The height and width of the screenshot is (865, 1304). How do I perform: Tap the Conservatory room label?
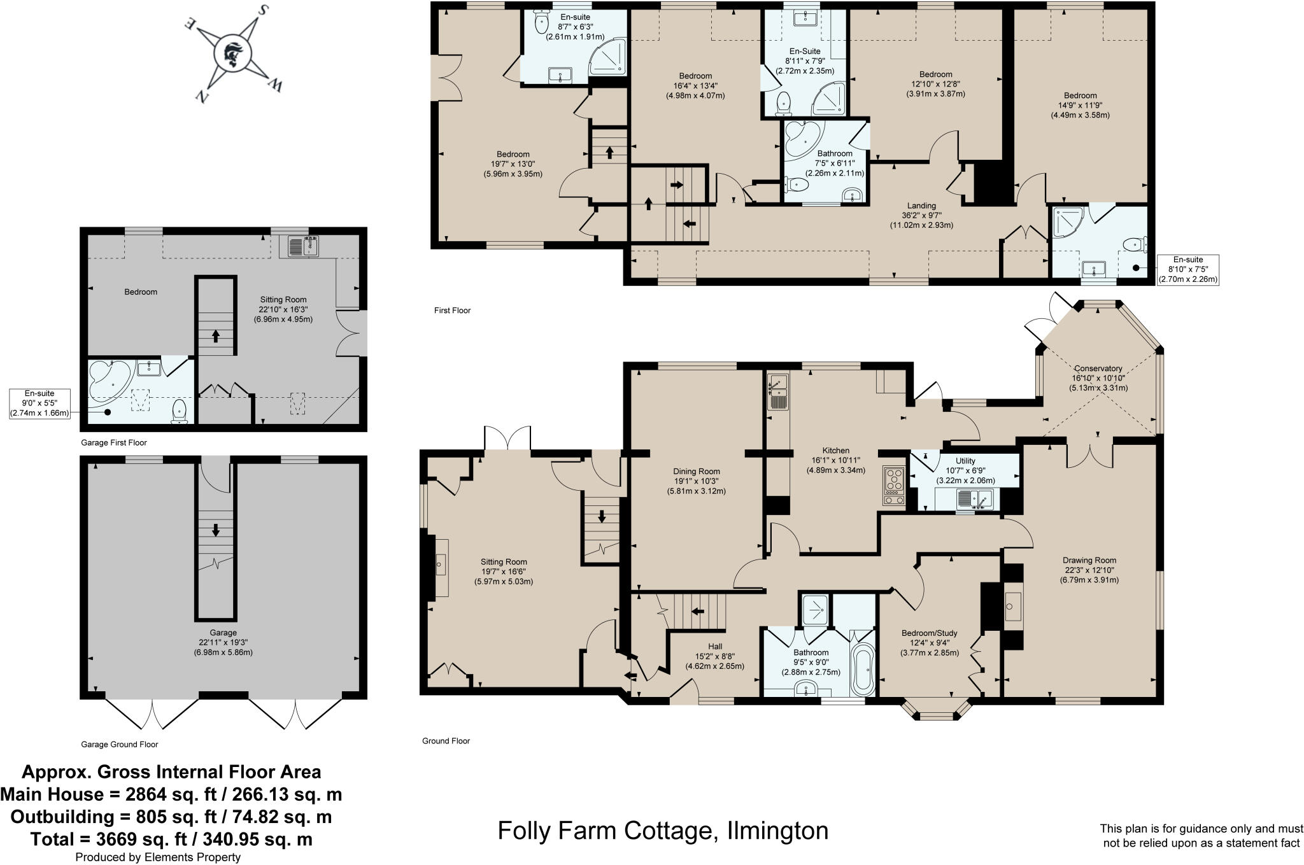click(1098, 369)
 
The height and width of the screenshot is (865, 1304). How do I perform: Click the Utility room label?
click(965, 461)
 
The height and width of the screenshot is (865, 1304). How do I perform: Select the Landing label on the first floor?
click(921, 206)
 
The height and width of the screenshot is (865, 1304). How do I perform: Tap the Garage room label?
click(223, 633)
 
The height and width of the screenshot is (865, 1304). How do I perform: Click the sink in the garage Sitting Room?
click(303, 245)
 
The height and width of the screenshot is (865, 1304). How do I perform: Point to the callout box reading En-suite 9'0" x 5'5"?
click(39, 404)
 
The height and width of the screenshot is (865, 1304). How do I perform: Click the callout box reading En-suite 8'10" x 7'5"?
click(1187, 270)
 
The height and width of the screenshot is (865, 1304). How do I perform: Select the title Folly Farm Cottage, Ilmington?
click(663, 831)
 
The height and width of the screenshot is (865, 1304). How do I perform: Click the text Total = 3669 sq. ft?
click(171, 839)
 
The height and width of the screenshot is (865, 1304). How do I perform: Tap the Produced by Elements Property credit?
click(158, 857)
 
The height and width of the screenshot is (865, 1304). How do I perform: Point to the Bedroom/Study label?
click(929, 633)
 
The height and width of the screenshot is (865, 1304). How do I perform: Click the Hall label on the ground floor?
click(714, 646)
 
